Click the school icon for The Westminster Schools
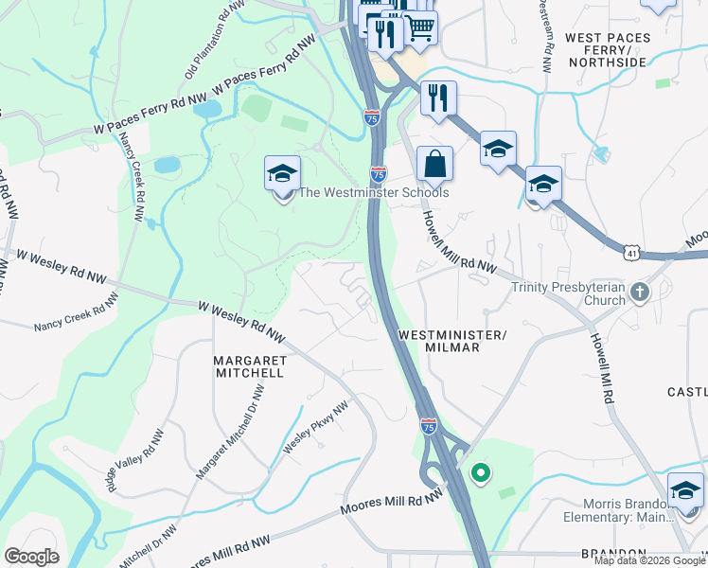(x=282, y=175)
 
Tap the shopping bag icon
(x=434, y=164)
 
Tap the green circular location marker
(x=481, y=472)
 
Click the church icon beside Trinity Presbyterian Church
(x=640, y=293)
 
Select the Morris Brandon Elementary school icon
(x=685, y=492)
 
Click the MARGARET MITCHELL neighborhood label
(x=248, y=366)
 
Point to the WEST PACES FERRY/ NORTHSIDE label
(x=607, y=50)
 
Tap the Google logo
(x=31, y=556)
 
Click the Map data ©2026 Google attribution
(x=649, y=560)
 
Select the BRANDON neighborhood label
(x=614, y=554)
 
